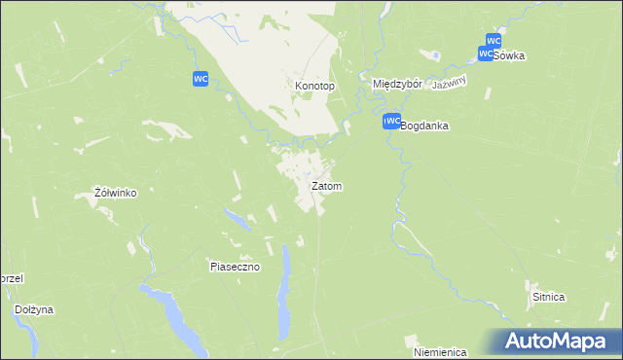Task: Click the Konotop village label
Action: coord(314,86)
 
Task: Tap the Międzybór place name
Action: coord(397,85)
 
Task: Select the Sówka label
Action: coord(508,55)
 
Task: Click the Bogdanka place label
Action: coord(423,126)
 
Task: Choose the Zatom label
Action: coord(326,185)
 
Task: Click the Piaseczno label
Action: coord(235,266)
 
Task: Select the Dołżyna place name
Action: coord(34,309)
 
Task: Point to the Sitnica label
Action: coord(549,296)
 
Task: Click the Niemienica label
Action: coord(440,351)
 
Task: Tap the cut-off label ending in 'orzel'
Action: coord(11,277)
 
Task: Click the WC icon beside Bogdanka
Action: coord(391,122)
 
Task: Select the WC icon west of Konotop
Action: coord(201,79)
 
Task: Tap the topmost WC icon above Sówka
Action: coord(493,41)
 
